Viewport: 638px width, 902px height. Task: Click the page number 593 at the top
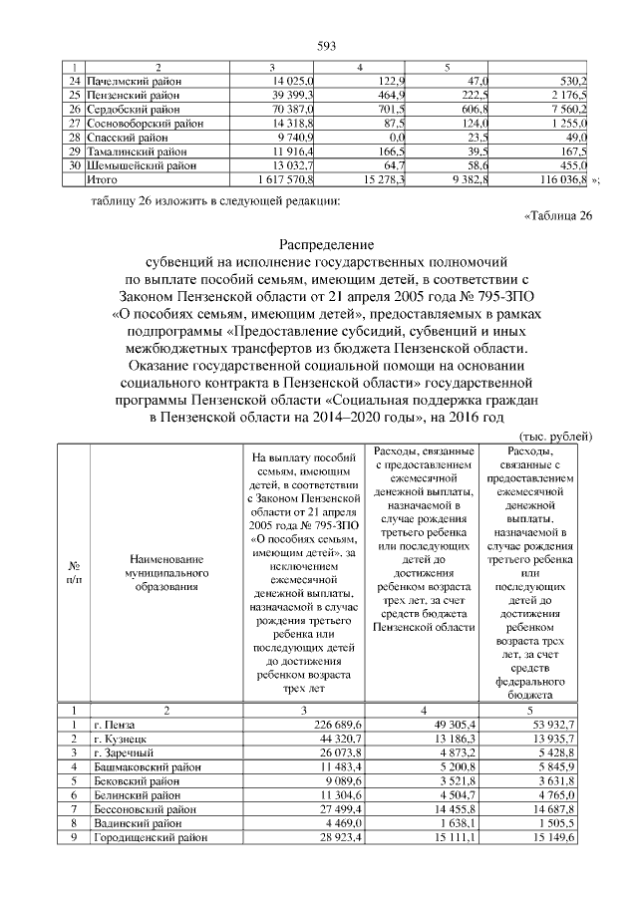326,46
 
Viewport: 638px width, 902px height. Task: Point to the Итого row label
104,181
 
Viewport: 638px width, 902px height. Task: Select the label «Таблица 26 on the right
558,216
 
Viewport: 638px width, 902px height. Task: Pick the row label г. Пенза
112,724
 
